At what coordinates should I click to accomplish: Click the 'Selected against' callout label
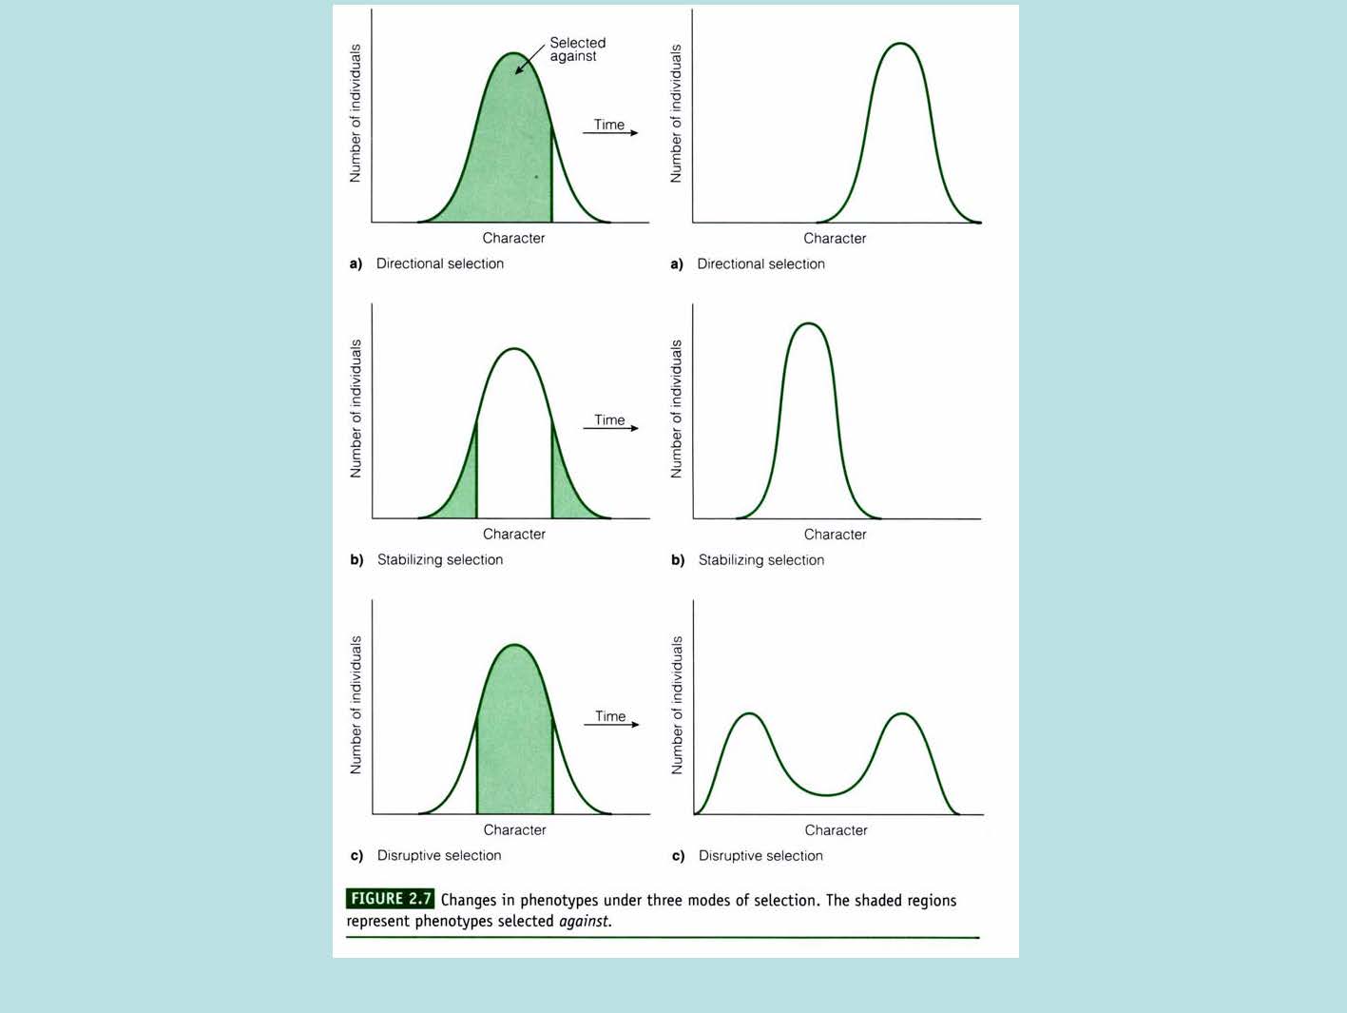(x=577, y=49)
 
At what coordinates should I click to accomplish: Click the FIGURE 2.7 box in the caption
(x=390, y=899)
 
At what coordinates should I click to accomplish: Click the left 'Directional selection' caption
(x=439, y=263)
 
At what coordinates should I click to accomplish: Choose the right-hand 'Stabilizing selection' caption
(x=760, y=560)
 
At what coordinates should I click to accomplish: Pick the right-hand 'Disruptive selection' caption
(x=760, y=856)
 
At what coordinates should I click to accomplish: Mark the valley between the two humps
(x=827, y=794)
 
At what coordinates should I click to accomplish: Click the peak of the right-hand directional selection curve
(x=900, y=44)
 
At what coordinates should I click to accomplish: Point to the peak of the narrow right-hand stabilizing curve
(x=808, y=324)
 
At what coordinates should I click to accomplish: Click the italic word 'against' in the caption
(x=584, y=922)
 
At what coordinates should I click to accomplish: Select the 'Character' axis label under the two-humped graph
(x=836, y=830)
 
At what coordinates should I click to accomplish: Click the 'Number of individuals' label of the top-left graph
(x=356, y=113)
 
